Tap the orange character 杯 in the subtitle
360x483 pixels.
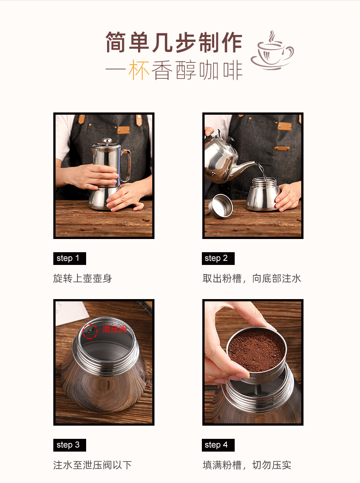pyautogui.click(x=139, y=70)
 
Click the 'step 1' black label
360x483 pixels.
pyautogui.click(x=70, y=258)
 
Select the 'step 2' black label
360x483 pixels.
pyautogui.click(x=218, y=258)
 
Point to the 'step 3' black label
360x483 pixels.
pyautogui.click(x=70, y=445)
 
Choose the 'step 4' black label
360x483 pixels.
pyautogui.click(x=218, y=445)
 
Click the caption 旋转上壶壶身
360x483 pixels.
pyautogui.click(x=82, y=278)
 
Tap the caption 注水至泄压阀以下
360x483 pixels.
pyautogui.click(x=93, y=465)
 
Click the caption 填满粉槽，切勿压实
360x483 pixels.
pyautogui.click(x=247, y=465)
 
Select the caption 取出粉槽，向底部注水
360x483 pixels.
pyautogui.click(x=252, y=278)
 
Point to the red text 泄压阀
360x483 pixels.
pyautogui.click(x=115, y=329)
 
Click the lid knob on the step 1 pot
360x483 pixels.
pyautogui.click(x=107, y=141)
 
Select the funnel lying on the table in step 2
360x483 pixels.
pyautogui.click(x=221, y=206)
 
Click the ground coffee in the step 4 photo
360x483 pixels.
pyautogui.click(x=257, y=351)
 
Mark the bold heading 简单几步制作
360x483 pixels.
pyautogui.click(x=174, y=42)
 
